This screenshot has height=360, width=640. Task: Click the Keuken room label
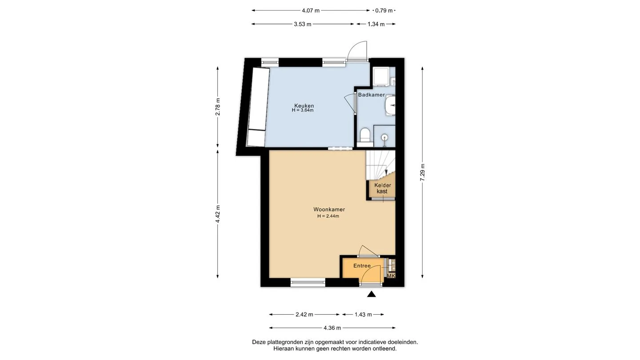(x=304, y=106)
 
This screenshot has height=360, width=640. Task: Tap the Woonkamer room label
(x=329, y=209)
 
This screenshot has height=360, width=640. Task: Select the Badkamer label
(x=372, y=95)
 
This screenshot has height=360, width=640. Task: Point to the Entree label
(x=362, y=266)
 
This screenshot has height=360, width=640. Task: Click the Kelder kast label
(x=383, y=188)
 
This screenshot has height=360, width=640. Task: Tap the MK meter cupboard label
(x=391, y=276)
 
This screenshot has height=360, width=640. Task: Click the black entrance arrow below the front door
(x=372, y=294)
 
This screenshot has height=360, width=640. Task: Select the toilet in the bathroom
(x=365, y=136)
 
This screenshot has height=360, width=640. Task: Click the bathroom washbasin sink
(x=390, y=105)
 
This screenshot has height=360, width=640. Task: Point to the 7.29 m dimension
(x=423, y=172)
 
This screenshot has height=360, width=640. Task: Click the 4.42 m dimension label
(x=218, y=214)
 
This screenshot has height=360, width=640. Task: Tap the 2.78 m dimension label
(x=218, y=107)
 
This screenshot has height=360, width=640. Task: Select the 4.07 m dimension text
(x=311, y=11)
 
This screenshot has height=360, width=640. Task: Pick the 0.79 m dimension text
(x=384, y=11)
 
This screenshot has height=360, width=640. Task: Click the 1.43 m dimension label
(x=363, y=315)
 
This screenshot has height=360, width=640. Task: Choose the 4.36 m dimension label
(x=332, y=328)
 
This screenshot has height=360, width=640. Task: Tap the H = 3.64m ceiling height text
(x=303, y=110)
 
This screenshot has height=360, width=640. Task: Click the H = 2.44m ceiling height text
(x=328, y=216)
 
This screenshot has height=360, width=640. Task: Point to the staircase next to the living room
(x=380, y=165)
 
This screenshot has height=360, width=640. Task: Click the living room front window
(x=308, y=283)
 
